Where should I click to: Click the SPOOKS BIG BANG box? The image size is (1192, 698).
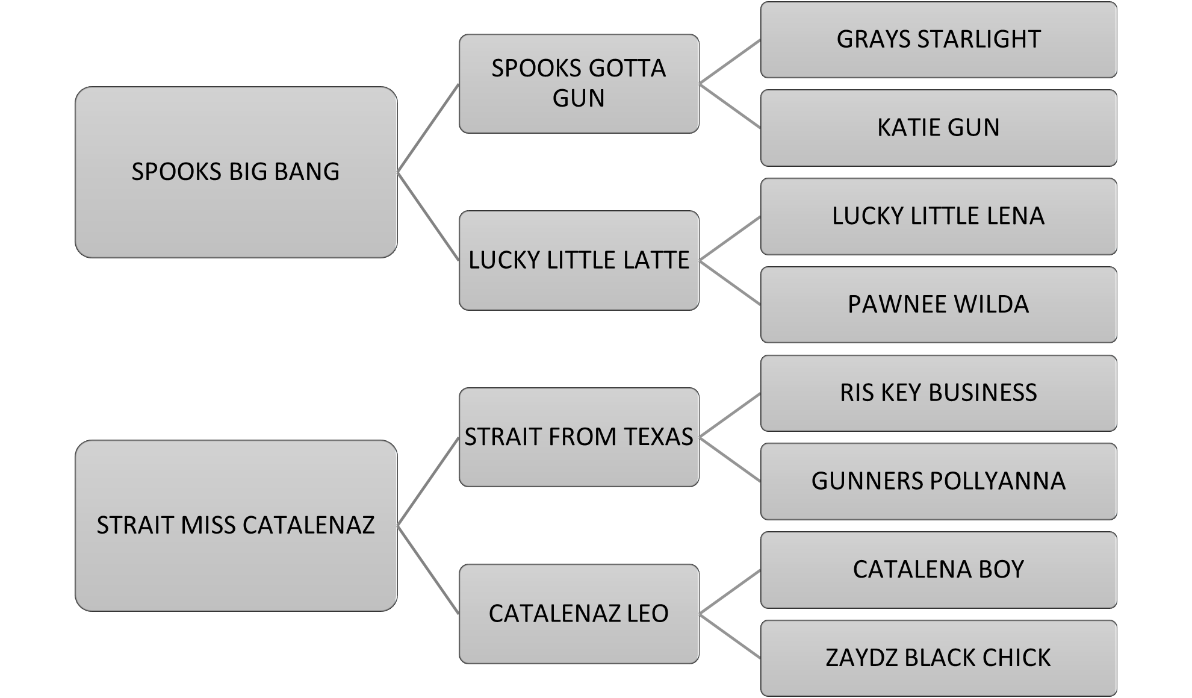[x=235, y=172]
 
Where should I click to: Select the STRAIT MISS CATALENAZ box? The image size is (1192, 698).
[x=235, y=526]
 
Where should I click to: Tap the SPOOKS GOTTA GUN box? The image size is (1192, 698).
[x=579, y=84]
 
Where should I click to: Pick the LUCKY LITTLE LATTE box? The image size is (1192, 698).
[x=579, y=260]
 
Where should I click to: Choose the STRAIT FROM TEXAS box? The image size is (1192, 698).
[x=579, y=437]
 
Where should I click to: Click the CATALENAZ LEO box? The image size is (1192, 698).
[x=579, y=614]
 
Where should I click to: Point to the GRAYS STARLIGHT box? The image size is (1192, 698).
[x=938, y=40]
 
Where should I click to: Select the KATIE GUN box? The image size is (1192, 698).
[x=938, y=128]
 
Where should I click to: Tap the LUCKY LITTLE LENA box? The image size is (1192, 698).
[x=938, y=216]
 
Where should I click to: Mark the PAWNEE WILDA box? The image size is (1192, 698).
[x=938, y=305]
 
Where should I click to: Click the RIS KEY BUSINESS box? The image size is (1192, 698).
[x=938, y=393]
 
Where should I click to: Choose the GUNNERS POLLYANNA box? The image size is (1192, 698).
[x=938, y=481]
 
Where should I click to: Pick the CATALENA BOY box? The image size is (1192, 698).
[x=938, y=570]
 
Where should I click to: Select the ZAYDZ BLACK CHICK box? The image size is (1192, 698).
[x=938, y=658]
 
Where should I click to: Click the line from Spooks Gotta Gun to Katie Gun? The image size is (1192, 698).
[x=730, y=106]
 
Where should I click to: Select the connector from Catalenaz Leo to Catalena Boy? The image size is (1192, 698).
[x=730, y=592]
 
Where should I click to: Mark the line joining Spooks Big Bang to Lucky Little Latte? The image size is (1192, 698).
[x=428, y=216]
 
